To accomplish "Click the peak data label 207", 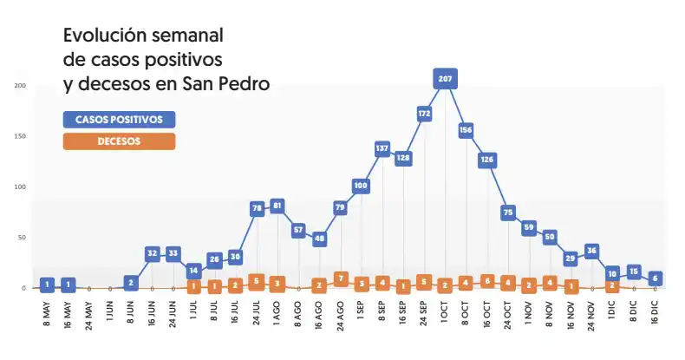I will point(446,79).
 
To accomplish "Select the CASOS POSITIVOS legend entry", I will point(120,119).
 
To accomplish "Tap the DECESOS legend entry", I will point(120,141).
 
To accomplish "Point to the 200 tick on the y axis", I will point(20,85).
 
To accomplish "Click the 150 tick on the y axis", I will point(20,136).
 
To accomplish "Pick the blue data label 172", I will point(425,114).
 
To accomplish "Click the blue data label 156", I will point(466,130).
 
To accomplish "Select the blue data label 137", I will point(382,148).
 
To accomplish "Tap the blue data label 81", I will point(277,206).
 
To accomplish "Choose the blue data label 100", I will point(362,186).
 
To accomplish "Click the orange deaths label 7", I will point(341,278).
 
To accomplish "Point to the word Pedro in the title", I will point(242,84).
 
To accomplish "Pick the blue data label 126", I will point(487,160).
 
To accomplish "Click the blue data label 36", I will point(592,252).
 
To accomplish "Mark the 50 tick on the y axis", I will point(22,237).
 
